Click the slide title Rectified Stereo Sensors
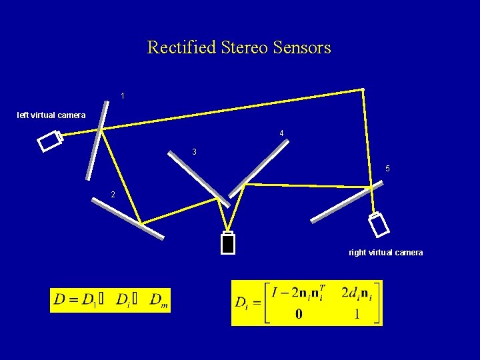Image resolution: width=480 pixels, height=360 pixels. tap(239, 48)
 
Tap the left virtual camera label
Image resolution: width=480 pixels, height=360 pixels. tap(51, 115)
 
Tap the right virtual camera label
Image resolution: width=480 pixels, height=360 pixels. tap(385, 253)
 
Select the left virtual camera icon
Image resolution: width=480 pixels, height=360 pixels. tap(50, 141)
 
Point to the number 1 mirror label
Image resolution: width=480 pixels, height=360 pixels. tap(123, 97)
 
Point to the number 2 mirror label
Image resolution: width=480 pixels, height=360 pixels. tap(113, 195)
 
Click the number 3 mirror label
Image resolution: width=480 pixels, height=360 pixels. tap(194, 152)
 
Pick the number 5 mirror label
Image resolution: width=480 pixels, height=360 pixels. tap(387, 169)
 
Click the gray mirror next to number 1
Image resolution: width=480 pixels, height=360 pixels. tap(97, 140)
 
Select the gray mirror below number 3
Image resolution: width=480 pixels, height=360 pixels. tap(199, 177)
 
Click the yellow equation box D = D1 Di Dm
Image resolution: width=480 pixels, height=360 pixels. tap(111, 299)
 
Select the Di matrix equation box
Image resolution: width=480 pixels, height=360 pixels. tap(307, 303)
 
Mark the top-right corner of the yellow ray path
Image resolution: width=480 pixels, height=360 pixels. tap(363, 89)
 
